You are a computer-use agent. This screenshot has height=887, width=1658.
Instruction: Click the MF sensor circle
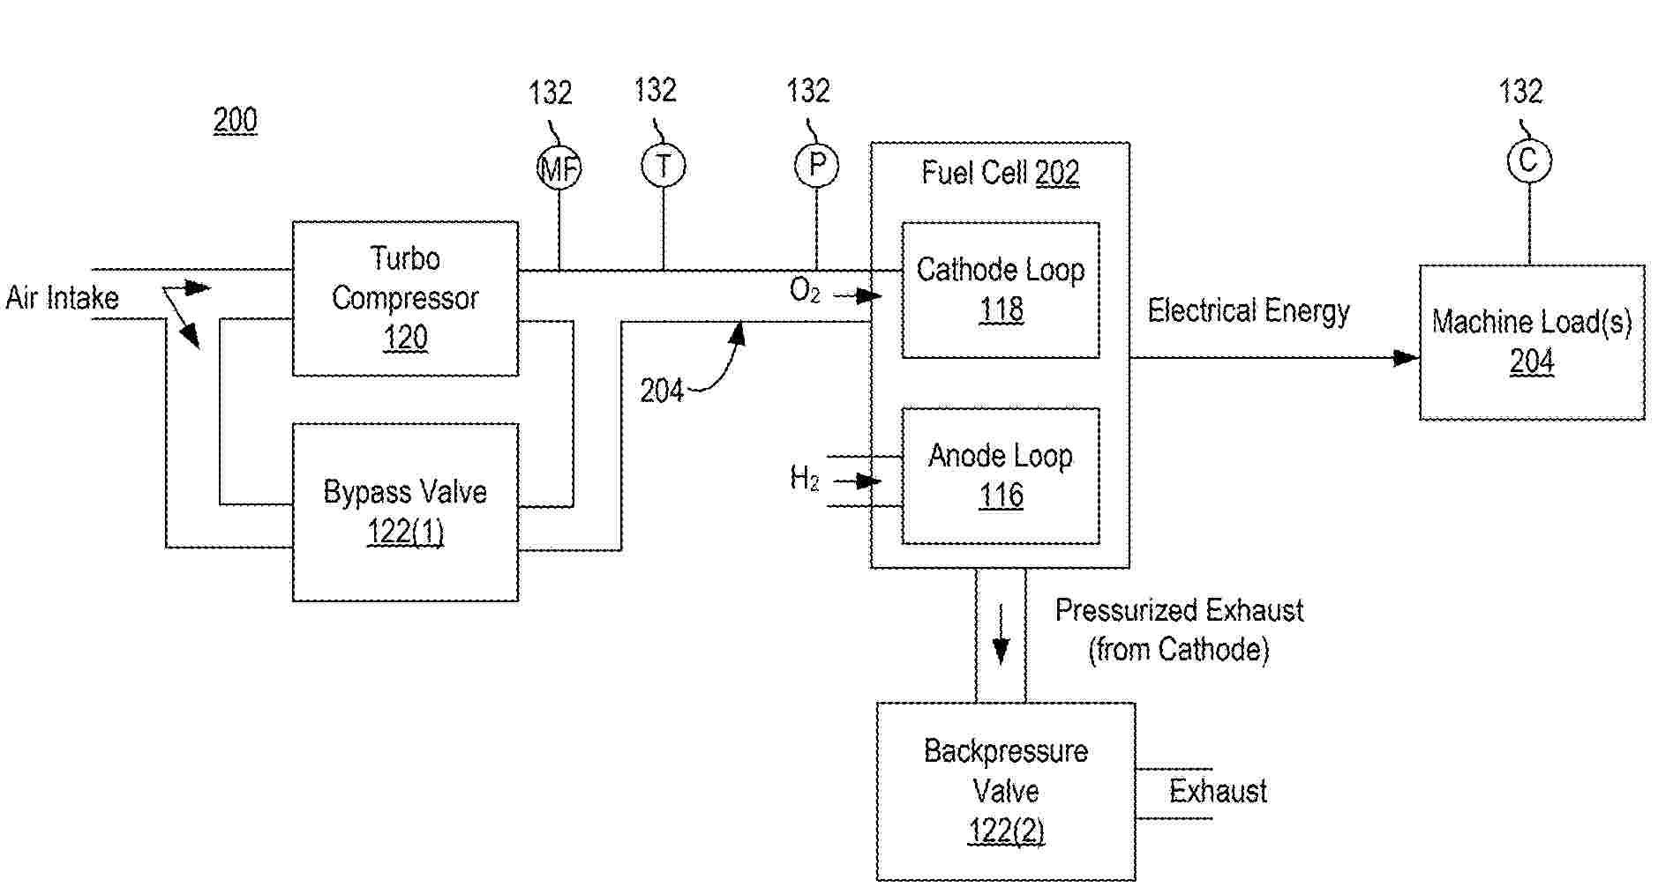coord(559,168)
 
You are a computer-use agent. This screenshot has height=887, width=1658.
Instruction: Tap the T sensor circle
coord(663,166)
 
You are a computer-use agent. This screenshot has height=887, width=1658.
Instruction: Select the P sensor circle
coord(816,165)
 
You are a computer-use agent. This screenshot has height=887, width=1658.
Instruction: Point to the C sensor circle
coord(1528,160)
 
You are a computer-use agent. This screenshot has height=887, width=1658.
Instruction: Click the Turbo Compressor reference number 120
coord(405,338)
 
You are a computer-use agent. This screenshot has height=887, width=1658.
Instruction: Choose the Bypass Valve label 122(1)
coord(405,533)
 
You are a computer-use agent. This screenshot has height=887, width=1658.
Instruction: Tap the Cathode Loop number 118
coord(1001,309)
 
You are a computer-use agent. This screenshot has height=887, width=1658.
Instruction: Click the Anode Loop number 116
coord(1001,496)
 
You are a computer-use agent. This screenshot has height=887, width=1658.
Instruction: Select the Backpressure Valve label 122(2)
coord(1006,831)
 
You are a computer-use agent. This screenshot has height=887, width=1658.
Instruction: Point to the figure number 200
coord(235,120)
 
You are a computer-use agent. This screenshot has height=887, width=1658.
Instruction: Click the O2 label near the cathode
coord(804,290)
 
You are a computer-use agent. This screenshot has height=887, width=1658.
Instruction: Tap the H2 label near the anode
coord(804,478)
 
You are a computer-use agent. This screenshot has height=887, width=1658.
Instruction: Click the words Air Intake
coord(62,298)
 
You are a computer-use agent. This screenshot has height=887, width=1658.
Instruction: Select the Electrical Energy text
coord(1248,311)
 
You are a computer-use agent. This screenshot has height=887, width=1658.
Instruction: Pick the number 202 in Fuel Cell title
coord(1057,173)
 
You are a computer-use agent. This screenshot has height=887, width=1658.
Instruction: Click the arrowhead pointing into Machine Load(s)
coord(1406,358)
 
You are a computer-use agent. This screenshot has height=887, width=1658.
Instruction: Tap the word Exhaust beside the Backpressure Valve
coord(1218,791)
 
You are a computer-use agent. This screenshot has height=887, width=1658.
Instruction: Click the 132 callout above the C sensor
coord(1520,91)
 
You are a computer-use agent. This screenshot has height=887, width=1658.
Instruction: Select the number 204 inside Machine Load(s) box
coord(1531,362)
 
